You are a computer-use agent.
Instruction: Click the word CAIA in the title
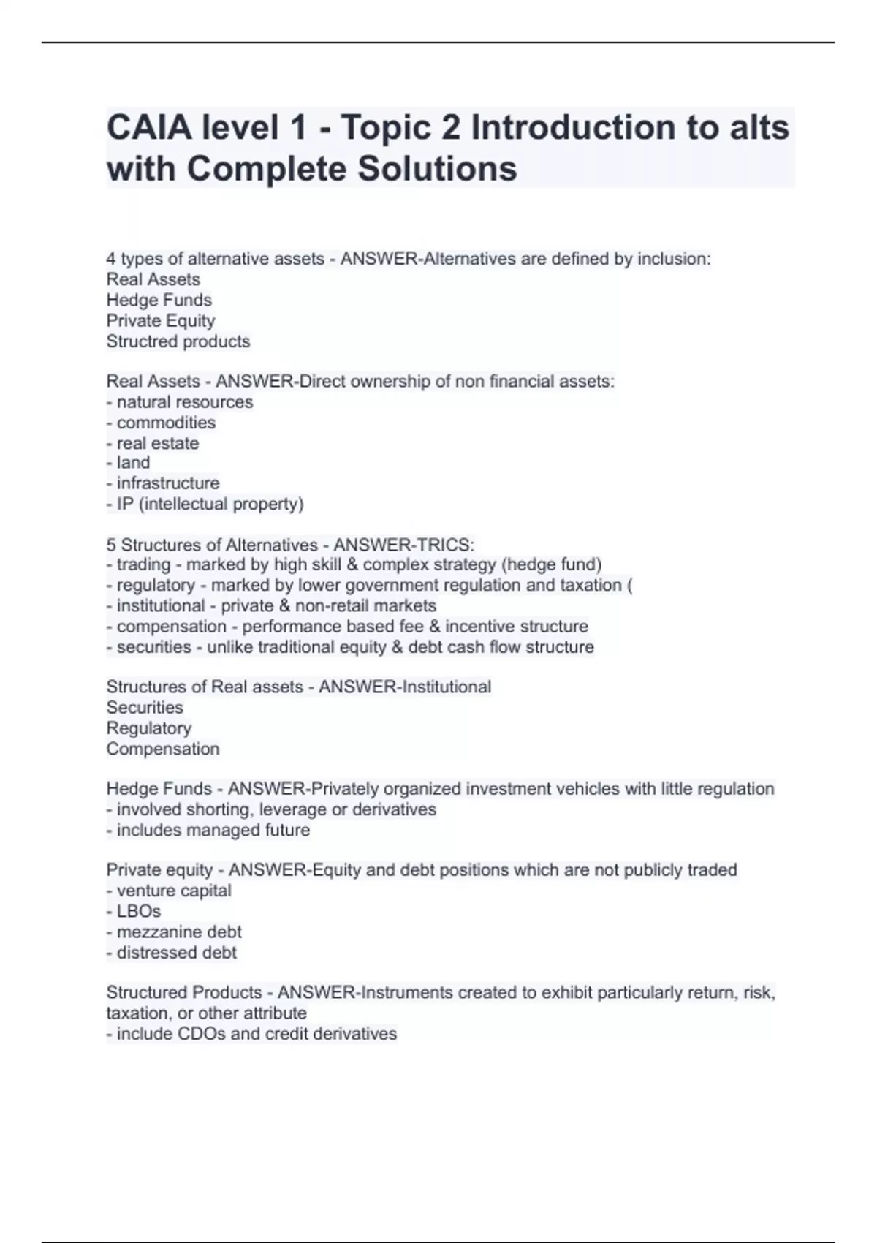click(140, 128)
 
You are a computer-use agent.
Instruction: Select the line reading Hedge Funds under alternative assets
click(159, 300)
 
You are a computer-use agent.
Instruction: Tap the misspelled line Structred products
click(178, 341)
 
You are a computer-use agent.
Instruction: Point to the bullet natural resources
click(184, 402)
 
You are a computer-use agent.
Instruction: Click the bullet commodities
click(166, 423)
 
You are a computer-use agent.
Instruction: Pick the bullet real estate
click(157, 443)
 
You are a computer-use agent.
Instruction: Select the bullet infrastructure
click(167, 483)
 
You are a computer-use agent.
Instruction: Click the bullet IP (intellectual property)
click(210, 504)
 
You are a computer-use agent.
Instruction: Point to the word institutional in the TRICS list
click(161, 605)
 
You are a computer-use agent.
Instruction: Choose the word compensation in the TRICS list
click(171, 627)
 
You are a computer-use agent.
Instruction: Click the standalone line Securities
click(145, 707)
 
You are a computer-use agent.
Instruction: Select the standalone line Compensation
click(163, 749)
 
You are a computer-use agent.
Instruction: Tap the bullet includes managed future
click(213, 830)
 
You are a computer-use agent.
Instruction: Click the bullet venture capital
click(174, 891)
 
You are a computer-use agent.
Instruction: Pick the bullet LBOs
click(139, 911)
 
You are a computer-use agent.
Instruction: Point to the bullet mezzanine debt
click(179, 932)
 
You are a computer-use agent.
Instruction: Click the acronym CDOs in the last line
click(202, 1034)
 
